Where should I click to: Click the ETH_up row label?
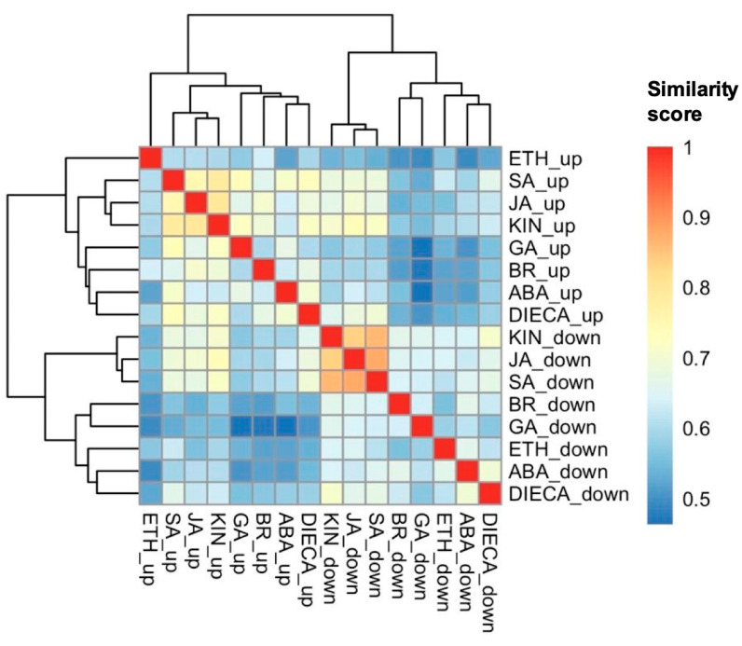[540, 158]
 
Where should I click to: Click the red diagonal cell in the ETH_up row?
[150, 158]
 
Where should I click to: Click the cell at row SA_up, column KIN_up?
[218, 180]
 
